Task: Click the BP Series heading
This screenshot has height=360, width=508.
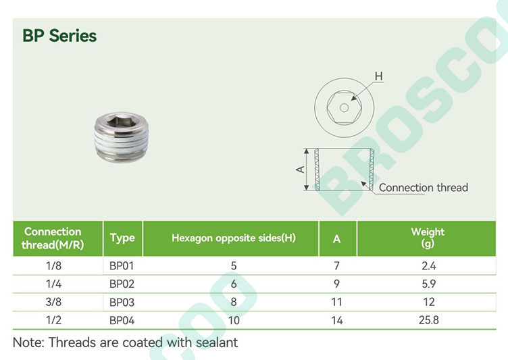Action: point(59,36)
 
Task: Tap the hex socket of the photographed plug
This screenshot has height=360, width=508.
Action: point(120,121)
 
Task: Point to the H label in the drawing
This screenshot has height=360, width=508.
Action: point(378,76)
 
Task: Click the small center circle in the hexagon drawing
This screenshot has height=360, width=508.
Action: point(344,107)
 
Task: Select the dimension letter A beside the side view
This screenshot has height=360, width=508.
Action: point(301,169)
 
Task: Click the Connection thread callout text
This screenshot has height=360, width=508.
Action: point(424,187)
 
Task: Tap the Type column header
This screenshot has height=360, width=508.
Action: point(122,238)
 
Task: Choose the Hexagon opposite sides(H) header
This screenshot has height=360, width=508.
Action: point(234,238)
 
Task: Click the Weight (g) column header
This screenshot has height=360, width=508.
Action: point(428,238)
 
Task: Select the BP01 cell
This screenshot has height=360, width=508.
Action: point(122,265)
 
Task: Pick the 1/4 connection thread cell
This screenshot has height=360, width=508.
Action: point(53,284)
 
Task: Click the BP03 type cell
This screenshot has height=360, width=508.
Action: point(122,302)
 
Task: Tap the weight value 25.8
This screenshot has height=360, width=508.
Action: point(428,320)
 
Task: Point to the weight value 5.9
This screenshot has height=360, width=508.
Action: point(428,284)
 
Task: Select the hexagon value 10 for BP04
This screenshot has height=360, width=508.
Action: point(234,320)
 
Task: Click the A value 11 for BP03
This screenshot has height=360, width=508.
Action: point(336,302)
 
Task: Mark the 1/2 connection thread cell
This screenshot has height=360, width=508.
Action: point(53,320)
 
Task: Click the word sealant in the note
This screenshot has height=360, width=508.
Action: point(217,342)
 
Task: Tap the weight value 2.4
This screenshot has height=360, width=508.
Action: point(428,265)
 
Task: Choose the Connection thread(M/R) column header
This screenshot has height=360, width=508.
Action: point(53,238)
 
